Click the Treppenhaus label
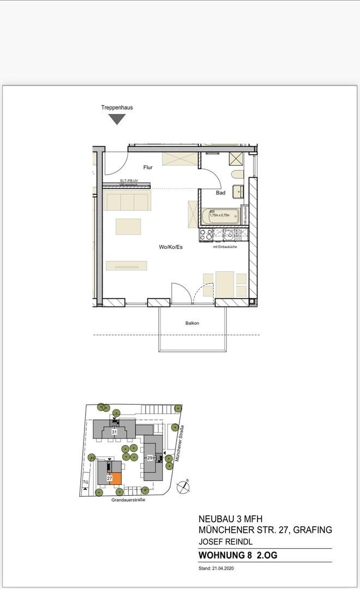pos(117,107)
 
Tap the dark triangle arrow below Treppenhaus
pos(117,119)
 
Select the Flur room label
pos(148,168)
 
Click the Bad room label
pos(220,193)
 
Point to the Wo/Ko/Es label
pos(171,247)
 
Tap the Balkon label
pos(191,323)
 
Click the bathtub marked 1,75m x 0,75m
pos(224,217)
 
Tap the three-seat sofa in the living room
pos(128,201)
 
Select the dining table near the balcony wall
pos(225,283)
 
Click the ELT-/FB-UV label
pos(129,181)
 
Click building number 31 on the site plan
pos(115,431)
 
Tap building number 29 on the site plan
pos(149,458)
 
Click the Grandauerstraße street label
pos(128,500)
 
